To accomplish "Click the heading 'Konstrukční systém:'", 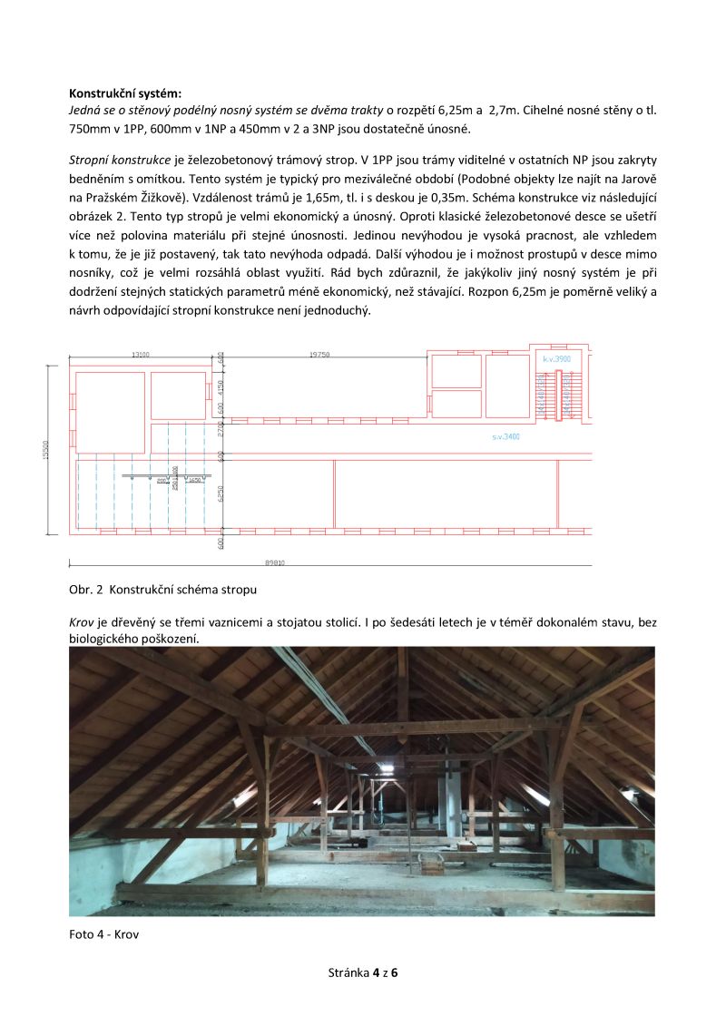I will [125, 93].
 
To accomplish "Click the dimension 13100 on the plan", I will [140, 356].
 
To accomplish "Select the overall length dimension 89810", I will [274, 562].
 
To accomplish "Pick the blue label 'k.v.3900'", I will [556, 359].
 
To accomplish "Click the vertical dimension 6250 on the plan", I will [221, 493].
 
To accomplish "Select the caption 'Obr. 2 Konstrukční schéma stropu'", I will [162, 590].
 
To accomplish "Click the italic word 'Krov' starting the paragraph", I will [82, 623].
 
